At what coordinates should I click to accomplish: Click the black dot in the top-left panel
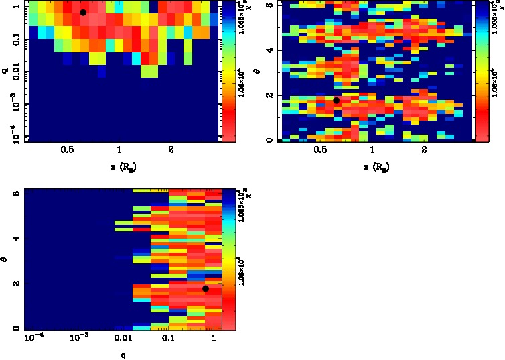[x=83, y=13]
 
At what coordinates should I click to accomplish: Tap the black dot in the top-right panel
[x=336, y=100]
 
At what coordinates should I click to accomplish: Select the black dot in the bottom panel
[x=206, y=288]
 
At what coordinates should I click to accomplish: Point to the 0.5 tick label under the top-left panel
[x=68, y=151]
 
